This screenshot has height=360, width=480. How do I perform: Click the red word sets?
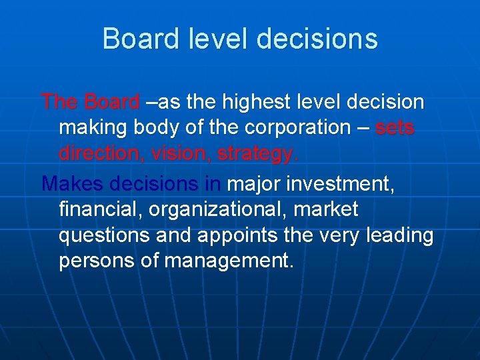click(x=395, y=128)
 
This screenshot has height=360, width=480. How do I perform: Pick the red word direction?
click(x=101, y=153)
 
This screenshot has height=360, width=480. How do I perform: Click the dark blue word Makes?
click(x=72, y=183)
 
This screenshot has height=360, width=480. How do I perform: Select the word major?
click(x=257, y=183)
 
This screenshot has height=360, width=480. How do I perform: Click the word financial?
click(x=100, y=209)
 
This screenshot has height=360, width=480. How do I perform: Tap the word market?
click(x=331, y=209)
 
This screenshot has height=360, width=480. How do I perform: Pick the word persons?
click(x=97, y=261)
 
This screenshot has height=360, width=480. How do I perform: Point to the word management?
click(x=227, y=261)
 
